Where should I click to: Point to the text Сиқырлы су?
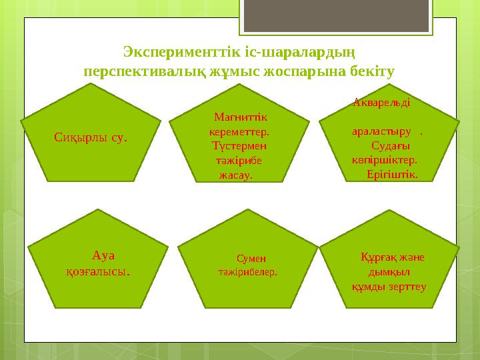[x=91, y=137]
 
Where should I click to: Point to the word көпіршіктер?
[x=385, y=160]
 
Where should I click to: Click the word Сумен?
[x=251, y=259]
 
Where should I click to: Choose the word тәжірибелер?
[x=247, y=272]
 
